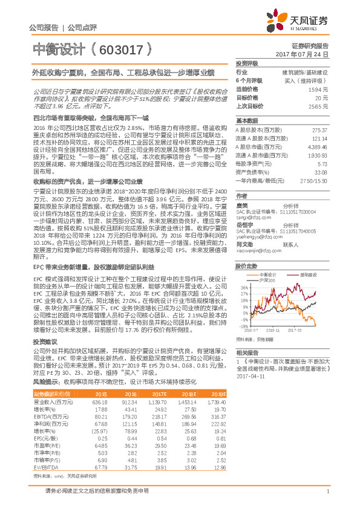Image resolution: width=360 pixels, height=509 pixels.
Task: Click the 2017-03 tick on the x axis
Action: pyautogui.click(x=310, y=330)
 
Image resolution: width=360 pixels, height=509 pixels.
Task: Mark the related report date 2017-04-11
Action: pyautogui.click(x=249, y=376)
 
